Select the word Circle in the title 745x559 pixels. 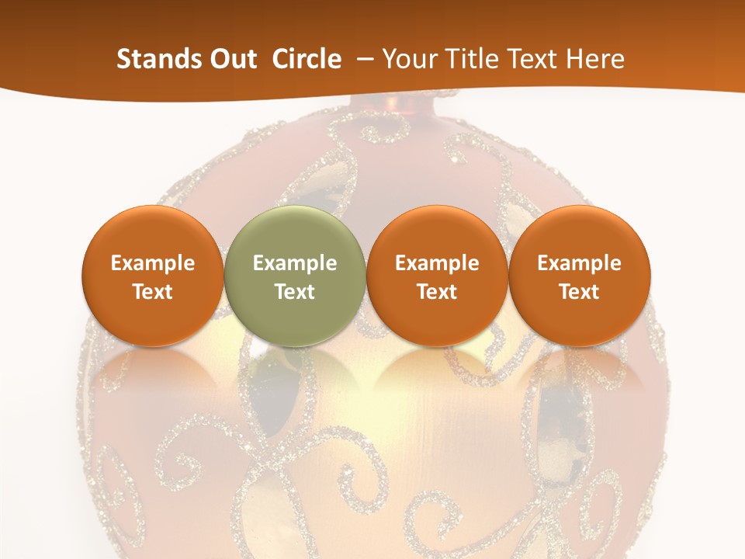[307, 59]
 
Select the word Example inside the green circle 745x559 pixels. [295, 263]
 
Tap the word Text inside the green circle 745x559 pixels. [295, 292]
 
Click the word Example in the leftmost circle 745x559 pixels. [153, 263]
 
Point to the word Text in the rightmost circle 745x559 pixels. [579, 292]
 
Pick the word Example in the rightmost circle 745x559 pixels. [579, 263]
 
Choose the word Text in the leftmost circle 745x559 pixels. [153, 292]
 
